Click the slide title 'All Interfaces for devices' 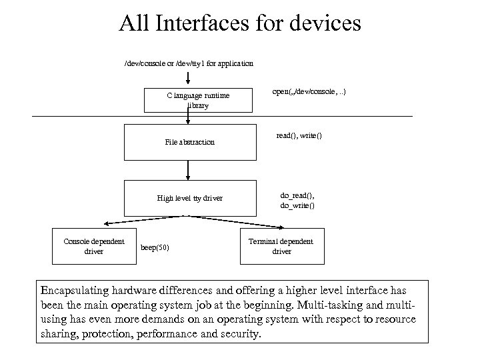click(x=240, y=24)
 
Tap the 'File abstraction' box click(x=190, y=142)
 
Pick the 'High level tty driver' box click(x=190, y=198)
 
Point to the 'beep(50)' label click(x=155, y=249)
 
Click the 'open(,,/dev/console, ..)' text click(x=308, y=91)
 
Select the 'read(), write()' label click(x=299, y=135)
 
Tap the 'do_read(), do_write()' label click(x=297, y=201)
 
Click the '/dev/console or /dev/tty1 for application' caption click(x=189, y=63)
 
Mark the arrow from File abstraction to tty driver click(x=189, y=171)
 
